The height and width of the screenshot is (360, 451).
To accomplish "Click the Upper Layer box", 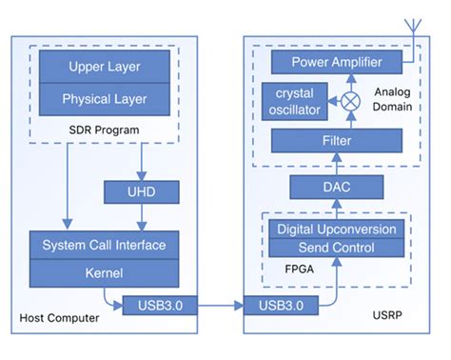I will [104, 68].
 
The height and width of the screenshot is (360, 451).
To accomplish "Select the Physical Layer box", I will [104, 99].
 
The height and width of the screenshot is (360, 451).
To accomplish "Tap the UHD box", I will [142, 193].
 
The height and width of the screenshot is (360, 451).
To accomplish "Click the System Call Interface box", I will [104, 245].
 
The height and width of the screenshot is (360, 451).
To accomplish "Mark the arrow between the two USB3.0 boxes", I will [215, 306].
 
